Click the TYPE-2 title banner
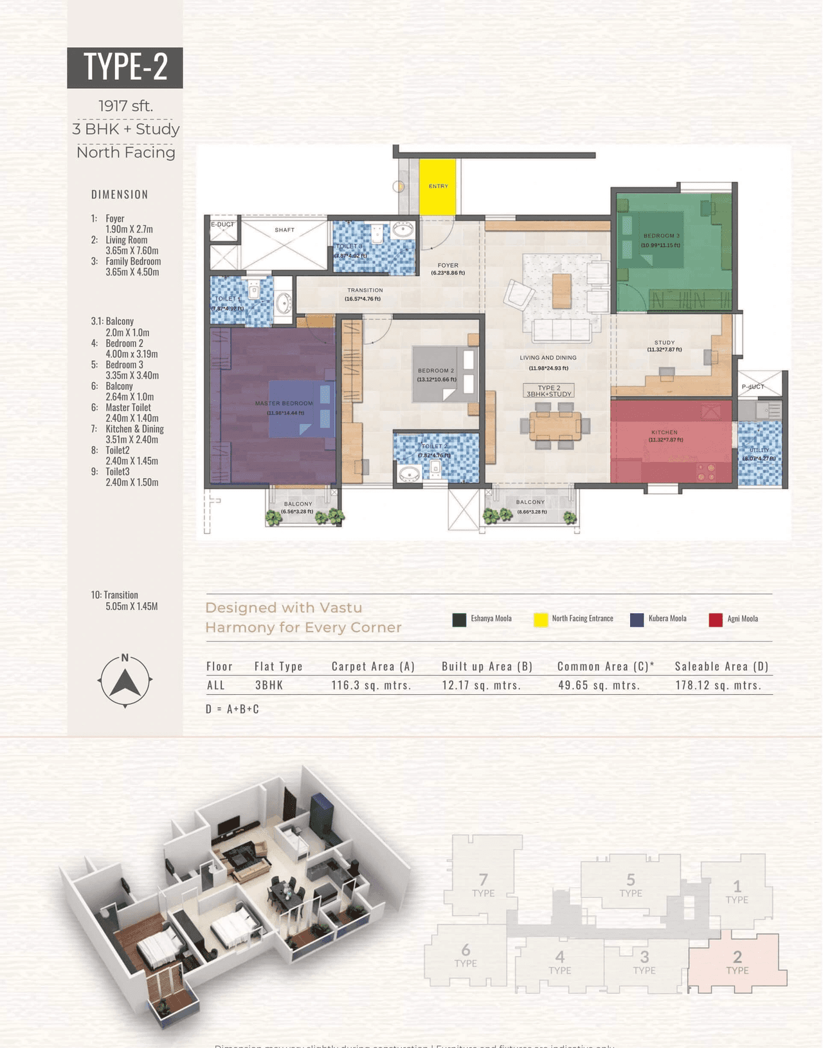pyautogui.click(x=125, y=67)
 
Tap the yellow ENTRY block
pyautogui.click(x=438, y=187)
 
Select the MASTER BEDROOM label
pyautogui.click(x=284, y=403)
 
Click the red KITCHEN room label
pyautogui.click(x=664, y=432)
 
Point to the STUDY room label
pyautogui.click(x=664, y=343)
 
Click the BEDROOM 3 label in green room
pyautogui.click(x=661, y=236)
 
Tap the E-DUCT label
pyautogui.click(x=222, y=225)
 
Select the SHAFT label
pyautogui.click(x=284, y=230)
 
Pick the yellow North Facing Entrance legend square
pyautogui.click(x=541, y=620)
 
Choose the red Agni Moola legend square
pyautogui.click(x=715, y=620)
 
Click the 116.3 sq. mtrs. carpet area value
pyautogui.click(x=371, y=685)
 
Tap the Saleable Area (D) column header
pyautogui.click(x=721, y=666)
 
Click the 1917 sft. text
pyautogui.click(x=125, y=106)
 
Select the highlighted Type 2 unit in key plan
pyautogui.click(x=737, y=962)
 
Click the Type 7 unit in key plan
pyautogui.click(x=483, y=885)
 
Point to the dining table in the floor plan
pyautogui.click(x=554, y=425)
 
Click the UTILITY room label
pyautogui.click(x=759, y=450)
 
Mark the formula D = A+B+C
pyautogui.click(x=232, y=709)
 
